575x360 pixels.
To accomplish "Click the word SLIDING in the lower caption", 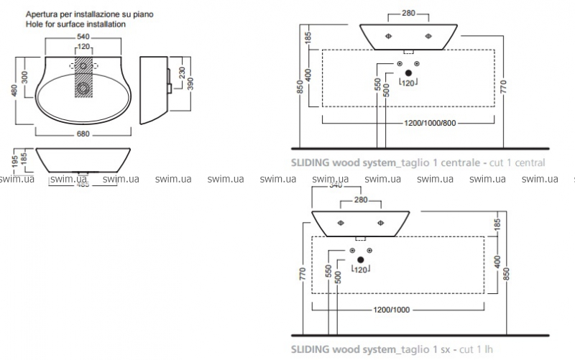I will pos(310,351).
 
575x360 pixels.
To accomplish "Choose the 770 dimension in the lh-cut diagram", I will pos(303,272).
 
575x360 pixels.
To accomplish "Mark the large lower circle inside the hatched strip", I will pos(84,88).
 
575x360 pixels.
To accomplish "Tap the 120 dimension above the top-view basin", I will pos(84,47).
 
